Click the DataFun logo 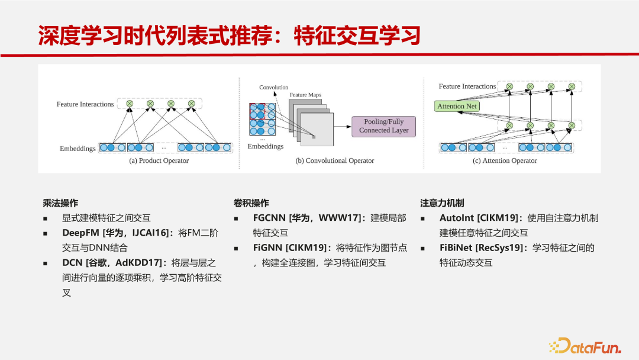coord(585,346)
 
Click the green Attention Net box coord(457,106)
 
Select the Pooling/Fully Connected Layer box coord(383,126)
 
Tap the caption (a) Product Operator coord(159,160)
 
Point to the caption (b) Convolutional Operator coord(334,160)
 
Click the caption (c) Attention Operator coord(505,160)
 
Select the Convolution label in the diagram coord(273,87)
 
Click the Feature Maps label coord(305,95)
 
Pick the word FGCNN coord(269,218)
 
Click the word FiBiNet coord(456,248)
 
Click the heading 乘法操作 coord(60,203)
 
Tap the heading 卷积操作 coord(251,203)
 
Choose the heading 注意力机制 coord(442,203)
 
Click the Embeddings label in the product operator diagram coord(78,149)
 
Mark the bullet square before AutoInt coord(422,219)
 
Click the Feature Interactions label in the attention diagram coord(467,86)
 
